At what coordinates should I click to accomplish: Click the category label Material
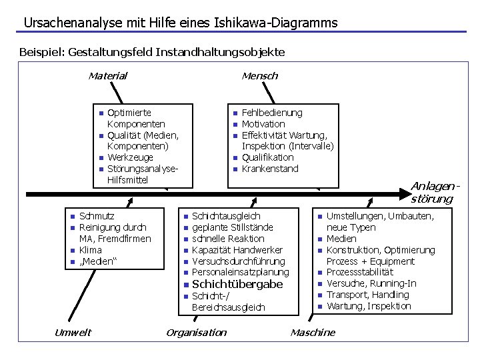tap(107, 76)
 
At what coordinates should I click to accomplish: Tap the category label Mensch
tap(259, 76)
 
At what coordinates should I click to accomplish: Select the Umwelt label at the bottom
tap(73, 333)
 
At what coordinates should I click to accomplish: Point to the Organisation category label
tap(196, 333)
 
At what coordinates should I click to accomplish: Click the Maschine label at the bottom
tap(313, 333)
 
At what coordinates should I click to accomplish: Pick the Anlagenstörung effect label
tap(434, 192)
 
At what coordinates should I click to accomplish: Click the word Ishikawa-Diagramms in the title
tap(276, 23)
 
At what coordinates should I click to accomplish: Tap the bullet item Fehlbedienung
tap(271, 113)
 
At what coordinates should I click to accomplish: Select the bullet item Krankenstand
tap(269, 169)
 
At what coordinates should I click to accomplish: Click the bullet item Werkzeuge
tap(130, 157)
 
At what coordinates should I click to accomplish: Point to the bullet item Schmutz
tap(97, 216)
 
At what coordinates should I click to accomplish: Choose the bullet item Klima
tap(91, 250)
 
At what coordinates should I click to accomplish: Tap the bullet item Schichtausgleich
tap(226, 216)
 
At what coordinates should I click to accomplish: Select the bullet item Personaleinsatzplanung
tap(240, 272)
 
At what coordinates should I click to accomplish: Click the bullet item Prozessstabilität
tap(359, 272)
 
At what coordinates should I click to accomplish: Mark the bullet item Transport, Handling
tap(367, 295)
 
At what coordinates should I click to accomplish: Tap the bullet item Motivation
tap(263, 124)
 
